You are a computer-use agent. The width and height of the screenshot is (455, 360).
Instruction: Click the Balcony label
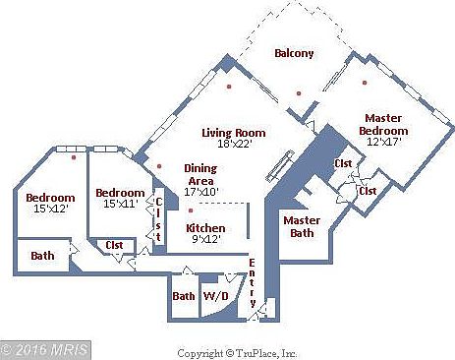pyautogui.click(x=294, y=53)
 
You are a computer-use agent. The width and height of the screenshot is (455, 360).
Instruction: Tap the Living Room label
pyautogui.click(x=235, y=133)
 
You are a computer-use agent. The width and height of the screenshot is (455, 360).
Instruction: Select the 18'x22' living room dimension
pyautogui.click(x=235, y=145)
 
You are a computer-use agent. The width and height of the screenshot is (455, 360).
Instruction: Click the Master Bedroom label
pyautogui.click(x=383, y=124)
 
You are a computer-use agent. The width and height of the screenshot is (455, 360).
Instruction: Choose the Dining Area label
pyautogui.click(x=200, y=174)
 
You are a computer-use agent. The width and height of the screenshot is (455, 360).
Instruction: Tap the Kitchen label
pyautogui.click(x=205, y=228)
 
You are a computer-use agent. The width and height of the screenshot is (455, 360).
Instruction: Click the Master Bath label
pyautogui.click(x=305, y=226)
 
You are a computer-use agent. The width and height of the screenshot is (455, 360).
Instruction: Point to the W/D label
pyautogui.click(x=214, y=295)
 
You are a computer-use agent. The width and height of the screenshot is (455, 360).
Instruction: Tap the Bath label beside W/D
pyautogui.click(x=183, y=295)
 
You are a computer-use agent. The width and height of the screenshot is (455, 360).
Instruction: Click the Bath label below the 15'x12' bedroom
pyautogui.click(x=42, y=256)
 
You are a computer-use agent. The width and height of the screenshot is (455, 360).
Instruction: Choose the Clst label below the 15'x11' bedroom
pyautogui.click(x=115, y=245)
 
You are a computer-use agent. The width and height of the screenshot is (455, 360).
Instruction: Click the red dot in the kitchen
pyautogui.click(x=191, y=210)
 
